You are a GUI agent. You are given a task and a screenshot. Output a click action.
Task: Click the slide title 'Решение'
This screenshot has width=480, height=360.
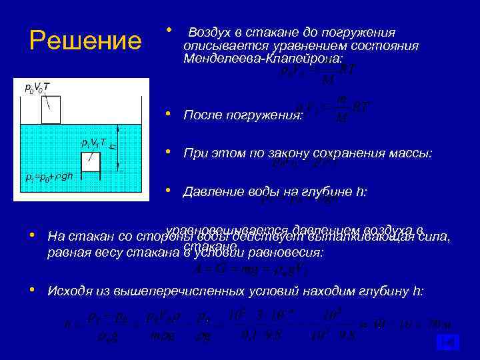[85, 41]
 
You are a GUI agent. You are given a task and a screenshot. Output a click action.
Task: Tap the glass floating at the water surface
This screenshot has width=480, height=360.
[51, 110]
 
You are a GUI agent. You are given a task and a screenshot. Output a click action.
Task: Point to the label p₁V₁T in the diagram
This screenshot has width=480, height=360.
[93, 142]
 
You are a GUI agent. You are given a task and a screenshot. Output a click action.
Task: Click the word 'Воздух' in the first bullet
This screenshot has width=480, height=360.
[211, 33]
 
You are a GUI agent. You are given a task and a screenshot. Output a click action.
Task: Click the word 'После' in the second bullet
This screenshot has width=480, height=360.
[204, 115]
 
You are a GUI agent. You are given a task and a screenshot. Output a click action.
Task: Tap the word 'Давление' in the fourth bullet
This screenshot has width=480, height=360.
[213, 193]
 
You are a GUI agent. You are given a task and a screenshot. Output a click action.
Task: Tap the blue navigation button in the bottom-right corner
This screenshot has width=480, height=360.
[447, 343]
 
